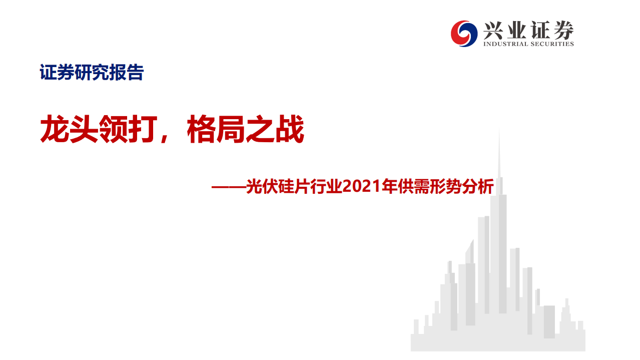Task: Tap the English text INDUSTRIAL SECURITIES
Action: (x=528, y=44)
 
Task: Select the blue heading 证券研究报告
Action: (x=92, y=73)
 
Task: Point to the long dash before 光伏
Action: (x=228, y=188)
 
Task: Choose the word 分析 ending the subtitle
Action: (x=478, y=187)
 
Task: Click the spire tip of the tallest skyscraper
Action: (x=499, y=131)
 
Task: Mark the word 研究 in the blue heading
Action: (x=92, y=73)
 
